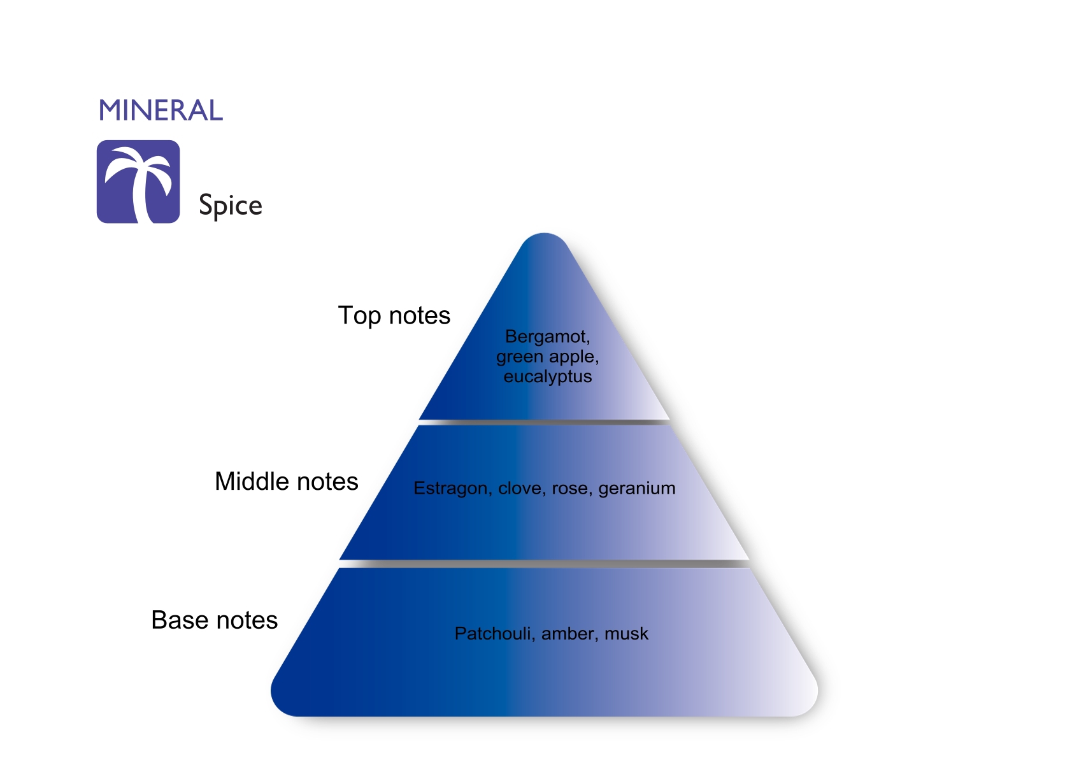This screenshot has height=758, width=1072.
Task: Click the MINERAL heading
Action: [161, 110]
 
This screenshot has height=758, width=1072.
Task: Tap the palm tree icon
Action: [138, 182]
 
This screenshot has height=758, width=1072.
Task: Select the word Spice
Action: [231, 205]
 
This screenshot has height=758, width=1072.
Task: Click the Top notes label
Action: [394, 316]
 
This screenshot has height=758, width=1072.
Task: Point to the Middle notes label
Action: [287, 482]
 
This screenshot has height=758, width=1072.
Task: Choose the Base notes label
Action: [215, 620]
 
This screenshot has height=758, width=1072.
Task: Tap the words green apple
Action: [548, 357]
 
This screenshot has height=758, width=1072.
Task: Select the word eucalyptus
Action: [548, 376]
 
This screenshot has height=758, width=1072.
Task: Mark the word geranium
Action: [637, 489]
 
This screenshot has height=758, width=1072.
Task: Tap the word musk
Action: [627, 634]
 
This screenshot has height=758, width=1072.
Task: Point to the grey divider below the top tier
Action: [544, 422]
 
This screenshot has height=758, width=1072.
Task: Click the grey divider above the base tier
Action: [544, 564]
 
